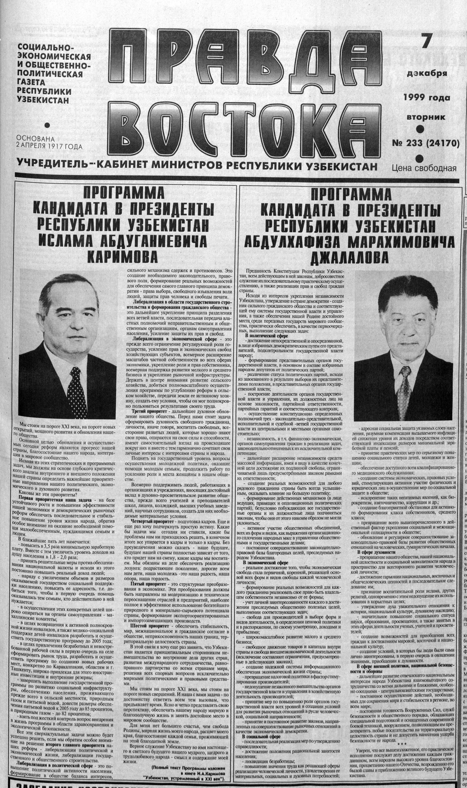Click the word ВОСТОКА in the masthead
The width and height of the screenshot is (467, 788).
(x=241, y=126)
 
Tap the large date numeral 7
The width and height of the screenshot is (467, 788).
(x=426, y=41)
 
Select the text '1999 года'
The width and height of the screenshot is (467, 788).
(x=427, y=98)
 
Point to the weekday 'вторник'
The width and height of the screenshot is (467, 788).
(x=426, y=117)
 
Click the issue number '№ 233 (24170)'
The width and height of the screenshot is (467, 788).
(x=426, y=143)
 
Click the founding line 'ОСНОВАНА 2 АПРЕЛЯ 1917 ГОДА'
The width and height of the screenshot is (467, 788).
(x=49, y=143)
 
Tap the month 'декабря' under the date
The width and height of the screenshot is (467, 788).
(x=427, y=74)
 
